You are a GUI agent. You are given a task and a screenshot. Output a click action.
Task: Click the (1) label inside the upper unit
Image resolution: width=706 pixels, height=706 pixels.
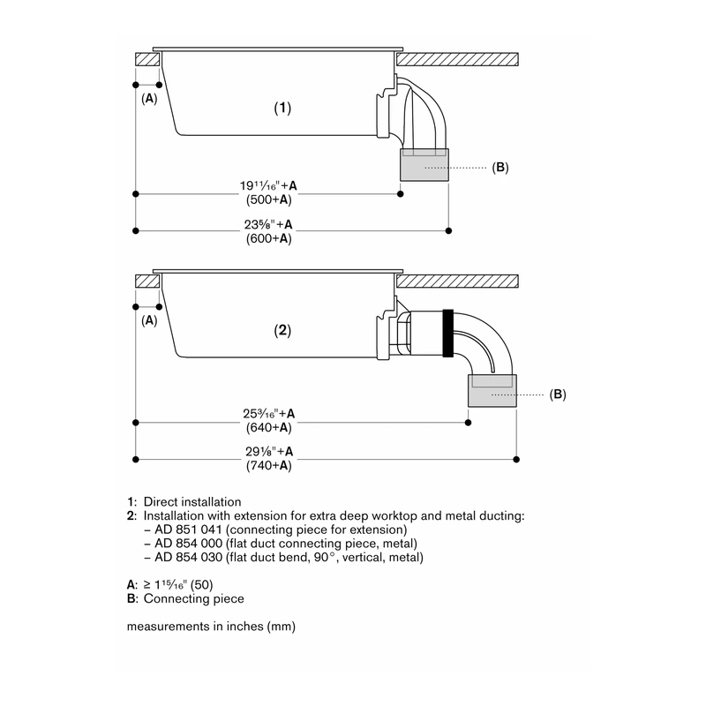(x=282, y=108)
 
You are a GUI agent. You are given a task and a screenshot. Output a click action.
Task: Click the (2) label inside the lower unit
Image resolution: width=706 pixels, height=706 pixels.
(x=282, y=330)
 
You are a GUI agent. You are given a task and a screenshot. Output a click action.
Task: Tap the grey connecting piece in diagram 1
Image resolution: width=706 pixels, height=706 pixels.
(x=424, y=165)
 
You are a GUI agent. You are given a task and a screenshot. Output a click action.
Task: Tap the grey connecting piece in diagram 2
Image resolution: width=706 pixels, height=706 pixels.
(x=492, y=391)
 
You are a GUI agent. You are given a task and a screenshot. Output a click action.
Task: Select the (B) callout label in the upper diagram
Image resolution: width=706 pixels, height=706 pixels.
(x=500, y=168)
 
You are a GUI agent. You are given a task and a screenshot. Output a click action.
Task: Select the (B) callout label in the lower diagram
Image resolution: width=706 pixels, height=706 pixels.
(x=558, y=394)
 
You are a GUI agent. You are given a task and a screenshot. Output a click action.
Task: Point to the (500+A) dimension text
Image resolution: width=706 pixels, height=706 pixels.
(x=269, y=200)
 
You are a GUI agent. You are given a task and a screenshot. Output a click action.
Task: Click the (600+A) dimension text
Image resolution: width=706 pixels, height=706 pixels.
(x=269, y=238)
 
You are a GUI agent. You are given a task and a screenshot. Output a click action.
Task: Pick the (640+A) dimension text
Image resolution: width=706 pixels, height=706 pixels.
(x=269, y=428)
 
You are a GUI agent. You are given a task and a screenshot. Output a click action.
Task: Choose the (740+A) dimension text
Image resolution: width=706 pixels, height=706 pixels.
(x=269, y=466)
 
